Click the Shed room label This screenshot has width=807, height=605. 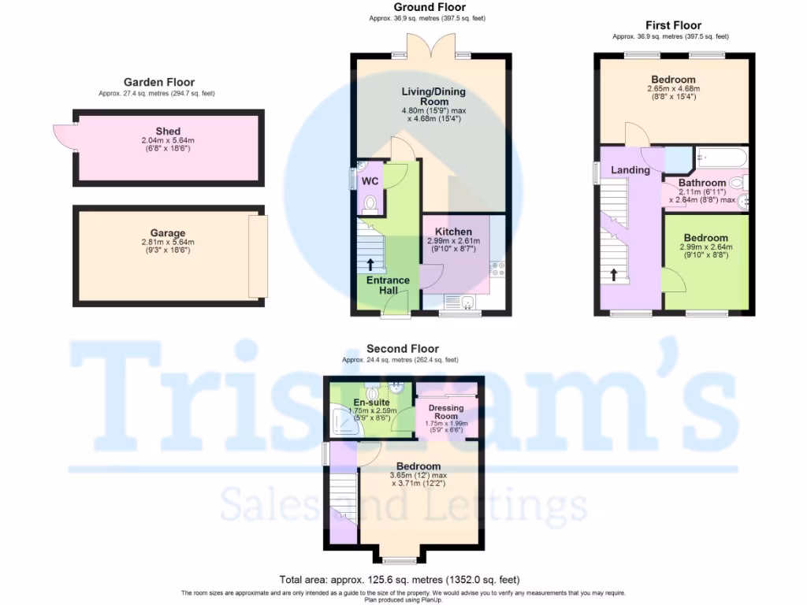pos(168,132)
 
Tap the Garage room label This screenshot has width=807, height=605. pos(168,233)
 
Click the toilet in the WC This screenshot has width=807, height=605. pos(370,206)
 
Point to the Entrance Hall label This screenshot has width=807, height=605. pos(388,285)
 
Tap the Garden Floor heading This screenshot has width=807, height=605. pos(158,82)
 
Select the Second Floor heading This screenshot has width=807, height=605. pos(403,349)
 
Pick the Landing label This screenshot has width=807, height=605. pos(630,170)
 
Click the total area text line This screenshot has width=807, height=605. pos(400,580)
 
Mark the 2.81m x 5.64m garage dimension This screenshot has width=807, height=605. pos(168,242)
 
